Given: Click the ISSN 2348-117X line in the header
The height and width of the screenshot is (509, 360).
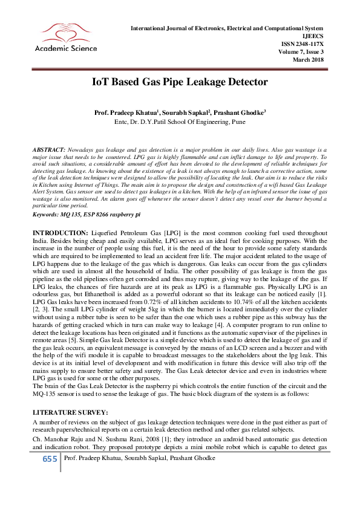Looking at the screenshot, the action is point(303,44).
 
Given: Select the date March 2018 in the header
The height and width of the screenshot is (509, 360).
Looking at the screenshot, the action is point(309,60).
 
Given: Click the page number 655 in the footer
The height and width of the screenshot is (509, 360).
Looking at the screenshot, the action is point(50,459).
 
